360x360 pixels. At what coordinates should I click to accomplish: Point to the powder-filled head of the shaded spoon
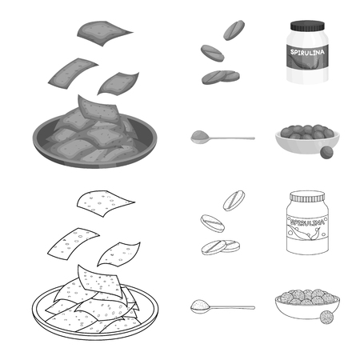click(x=198, y=138)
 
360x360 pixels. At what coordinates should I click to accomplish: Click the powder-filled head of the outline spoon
click(x=198, y=306)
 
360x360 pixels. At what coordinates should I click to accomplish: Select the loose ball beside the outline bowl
click(x=326, y=318)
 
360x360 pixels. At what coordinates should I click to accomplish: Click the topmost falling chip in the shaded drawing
click(x=105, y=32)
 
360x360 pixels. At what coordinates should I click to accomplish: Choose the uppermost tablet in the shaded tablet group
click(x=234, y=30)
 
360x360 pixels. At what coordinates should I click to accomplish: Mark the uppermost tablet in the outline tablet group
click(x=234, y=198)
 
